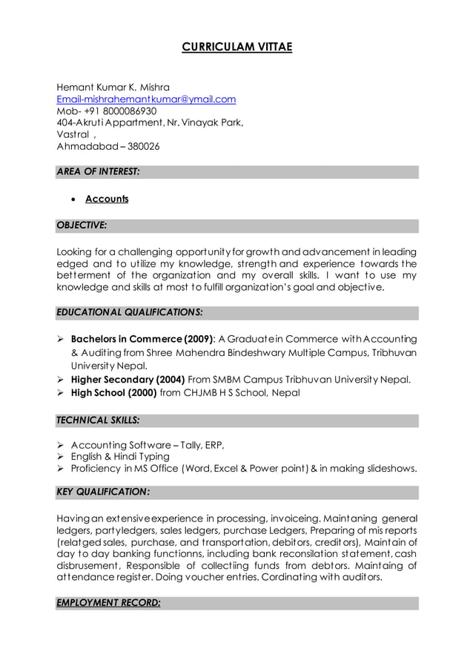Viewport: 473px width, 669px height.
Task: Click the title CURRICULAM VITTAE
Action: pos(237,47)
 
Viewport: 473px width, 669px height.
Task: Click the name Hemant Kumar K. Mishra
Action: pos(113,87)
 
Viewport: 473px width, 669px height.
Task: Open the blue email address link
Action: pos(146,99)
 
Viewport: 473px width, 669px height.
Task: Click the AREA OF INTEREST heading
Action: pos(98,171)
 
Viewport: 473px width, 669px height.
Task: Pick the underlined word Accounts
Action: pos(107,199)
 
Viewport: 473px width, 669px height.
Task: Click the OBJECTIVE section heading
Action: pos(82,225)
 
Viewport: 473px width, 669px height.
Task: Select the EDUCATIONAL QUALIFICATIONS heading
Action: pos(130,312)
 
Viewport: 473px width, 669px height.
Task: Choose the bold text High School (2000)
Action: pos(113,393)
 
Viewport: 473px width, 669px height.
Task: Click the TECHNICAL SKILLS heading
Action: pos(98,420)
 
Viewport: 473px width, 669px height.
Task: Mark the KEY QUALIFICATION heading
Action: pos(103,492)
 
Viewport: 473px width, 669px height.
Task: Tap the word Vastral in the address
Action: pos(72,134)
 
